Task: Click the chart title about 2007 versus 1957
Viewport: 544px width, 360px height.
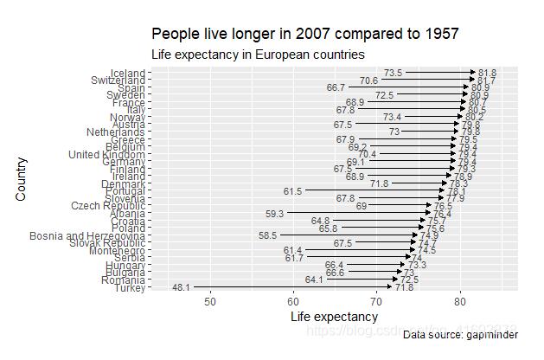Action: pyautogui.click(x=304, y=34)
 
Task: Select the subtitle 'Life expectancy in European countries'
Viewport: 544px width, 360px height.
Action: pyautogui.click(x=258, y=55)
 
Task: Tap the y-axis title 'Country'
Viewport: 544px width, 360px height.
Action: pyautogui.click(x=22, y=179)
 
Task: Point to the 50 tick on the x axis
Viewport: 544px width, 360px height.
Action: pyautogui.click(x=210, y=300)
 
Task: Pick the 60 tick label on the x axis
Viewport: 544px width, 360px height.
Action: pyautogui.click(x=293, y=300)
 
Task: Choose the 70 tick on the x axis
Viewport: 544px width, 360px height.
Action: pyautogui.click(x=376, y=300)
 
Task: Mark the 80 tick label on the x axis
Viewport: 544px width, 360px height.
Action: pyautogui.click(x=460, y=300)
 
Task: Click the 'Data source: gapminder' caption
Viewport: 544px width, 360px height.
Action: pyautogui.click(x=462, y=334)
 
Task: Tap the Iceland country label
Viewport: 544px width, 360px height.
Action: pyautogui.click(x=128, y=73)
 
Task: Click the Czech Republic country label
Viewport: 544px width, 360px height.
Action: pyautogui.click(x=108, y=206)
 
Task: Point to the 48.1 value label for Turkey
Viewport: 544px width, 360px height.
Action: pyautogui.click(x=182, y=287)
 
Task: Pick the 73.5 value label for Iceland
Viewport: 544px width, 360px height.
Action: pyautogui.click(x=394, y=73)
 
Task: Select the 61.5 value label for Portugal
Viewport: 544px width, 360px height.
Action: pyautogui.click(x=293, y=191)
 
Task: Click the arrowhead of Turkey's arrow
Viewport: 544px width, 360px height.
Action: pyautogui.click(x=389, y=286)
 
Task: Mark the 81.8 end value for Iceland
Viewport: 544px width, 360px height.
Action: pyautogui.click(x=488, y=73)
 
